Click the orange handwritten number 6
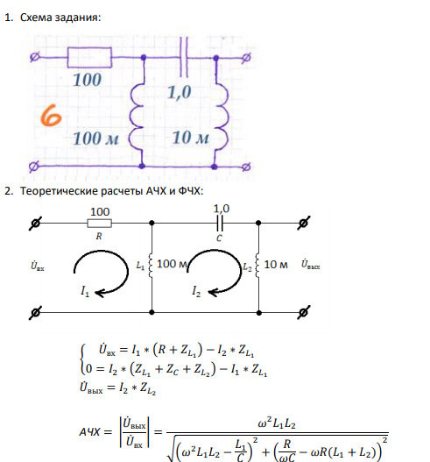tap(51, 115)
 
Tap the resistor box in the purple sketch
tap(89, 57)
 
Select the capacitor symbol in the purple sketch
tap(184, 57)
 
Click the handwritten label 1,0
tap(180, 92)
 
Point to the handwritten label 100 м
tap(95, 139)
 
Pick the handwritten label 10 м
tap(191, 138)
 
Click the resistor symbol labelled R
tap(100, 224)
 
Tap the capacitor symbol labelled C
tap(220, 223)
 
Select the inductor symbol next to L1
tap(151, 265)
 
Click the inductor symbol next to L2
tap(257, 265)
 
